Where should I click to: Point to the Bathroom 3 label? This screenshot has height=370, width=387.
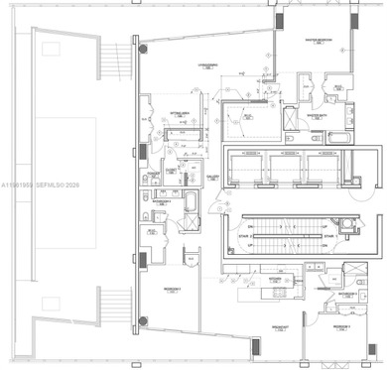point(346,295)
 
